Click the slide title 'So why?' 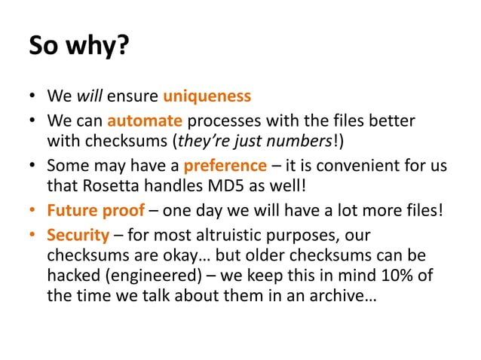point(79,46)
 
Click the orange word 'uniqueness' point(207,97)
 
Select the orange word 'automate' point(145,121)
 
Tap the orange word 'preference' point(225,166)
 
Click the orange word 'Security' point(78,234)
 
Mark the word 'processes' point(223,121)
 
